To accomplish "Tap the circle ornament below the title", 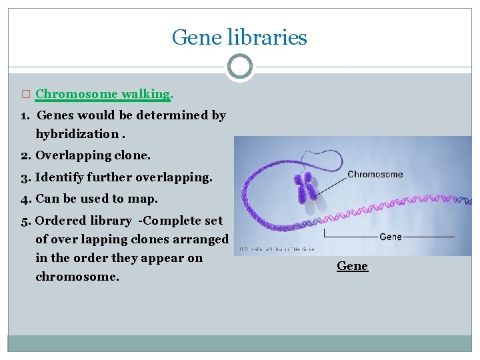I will click(239, 67).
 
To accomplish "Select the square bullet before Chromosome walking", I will click(26, 95).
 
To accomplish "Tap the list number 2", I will click(25, 155).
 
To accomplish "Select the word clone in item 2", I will click(133, 155).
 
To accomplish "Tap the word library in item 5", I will click(112, 221).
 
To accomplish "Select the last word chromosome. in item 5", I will click(77, 276).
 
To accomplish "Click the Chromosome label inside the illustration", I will click(375, 175).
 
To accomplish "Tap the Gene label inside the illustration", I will click(390, 237).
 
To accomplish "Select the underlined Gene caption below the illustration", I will click(352, 266).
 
